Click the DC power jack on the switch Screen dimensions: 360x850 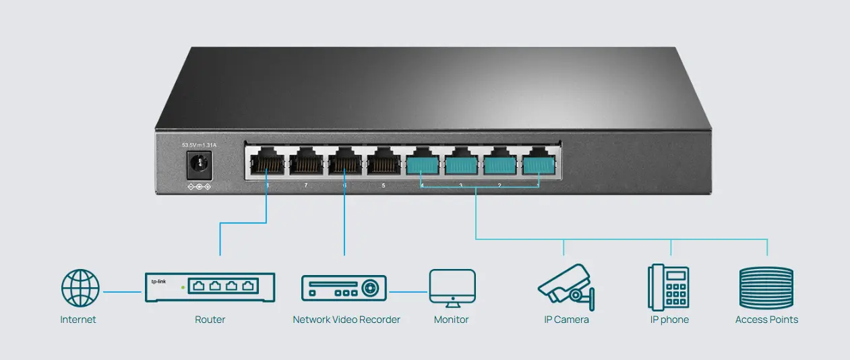[x=198, y=164]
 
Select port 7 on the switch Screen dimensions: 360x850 [x=305, y=164]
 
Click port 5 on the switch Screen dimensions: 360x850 [x=384, y=164]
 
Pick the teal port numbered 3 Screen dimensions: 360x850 [x=462, y=164]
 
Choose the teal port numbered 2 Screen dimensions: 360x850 [x=500, y=164]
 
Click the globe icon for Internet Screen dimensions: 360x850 [x=80, y=289]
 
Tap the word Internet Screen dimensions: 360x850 [x=78, y=320]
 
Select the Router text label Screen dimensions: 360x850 [x=210, y=320]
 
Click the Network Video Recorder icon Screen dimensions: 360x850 [x=344, y=288]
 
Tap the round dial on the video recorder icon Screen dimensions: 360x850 [x=369, y=289]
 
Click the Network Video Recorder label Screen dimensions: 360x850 [x=346, y=320]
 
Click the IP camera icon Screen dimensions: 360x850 [x=566, y=287]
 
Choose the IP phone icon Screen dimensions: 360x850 [x=669, y=287]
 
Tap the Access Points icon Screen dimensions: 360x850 [x=767, y=288]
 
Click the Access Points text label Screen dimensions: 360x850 [x=766, y=320]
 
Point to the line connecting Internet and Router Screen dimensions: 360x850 [x=122, y=292]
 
